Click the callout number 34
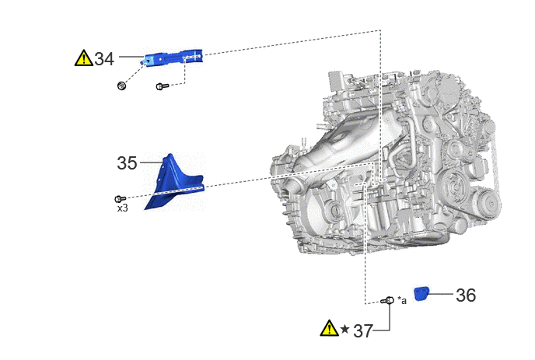pos(104,58)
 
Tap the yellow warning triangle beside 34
pos(84,58)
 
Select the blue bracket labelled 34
pos(174,58)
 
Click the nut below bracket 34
pos(121,86)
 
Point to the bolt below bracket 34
pos(162,86)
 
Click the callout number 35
pos(127,163)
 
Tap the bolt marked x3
pos(120,198)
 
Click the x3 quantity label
pos(123,208)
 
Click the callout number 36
pos(466,295)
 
